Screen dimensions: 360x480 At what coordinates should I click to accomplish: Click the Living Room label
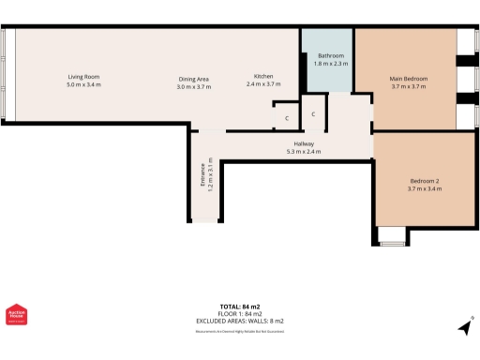pos(82,76)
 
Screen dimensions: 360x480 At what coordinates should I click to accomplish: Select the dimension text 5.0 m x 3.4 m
pos(82,85)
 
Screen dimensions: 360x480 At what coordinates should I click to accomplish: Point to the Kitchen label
pos(263,76)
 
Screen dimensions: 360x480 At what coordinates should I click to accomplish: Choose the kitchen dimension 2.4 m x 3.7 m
pos(263,85)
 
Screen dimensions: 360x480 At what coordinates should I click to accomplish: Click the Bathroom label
pos(330,55)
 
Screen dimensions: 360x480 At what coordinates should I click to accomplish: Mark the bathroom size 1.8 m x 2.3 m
pos(330,64)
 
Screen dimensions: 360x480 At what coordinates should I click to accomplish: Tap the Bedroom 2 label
pos(424,180)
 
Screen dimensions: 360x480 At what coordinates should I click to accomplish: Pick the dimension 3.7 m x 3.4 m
pos(424,189)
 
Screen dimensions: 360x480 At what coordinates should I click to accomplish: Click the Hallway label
pos(303,142)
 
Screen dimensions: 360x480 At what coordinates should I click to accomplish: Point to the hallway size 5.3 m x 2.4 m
pos(303,151)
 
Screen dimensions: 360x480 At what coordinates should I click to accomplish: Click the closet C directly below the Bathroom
pos(313,114)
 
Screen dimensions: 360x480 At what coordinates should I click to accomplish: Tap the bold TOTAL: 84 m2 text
pos(239,307)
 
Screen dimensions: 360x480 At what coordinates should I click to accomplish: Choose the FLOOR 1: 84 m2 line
pos(239,314)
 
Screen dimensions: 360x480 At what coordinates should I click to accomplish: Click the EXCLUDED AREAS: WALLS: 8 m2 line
pos(239,322)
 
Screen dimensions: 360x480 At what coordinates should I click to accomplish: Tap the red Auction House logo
pos(16,317)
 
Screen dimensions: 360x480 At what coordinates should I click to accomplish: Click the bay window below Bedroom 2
pos(392,238)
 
